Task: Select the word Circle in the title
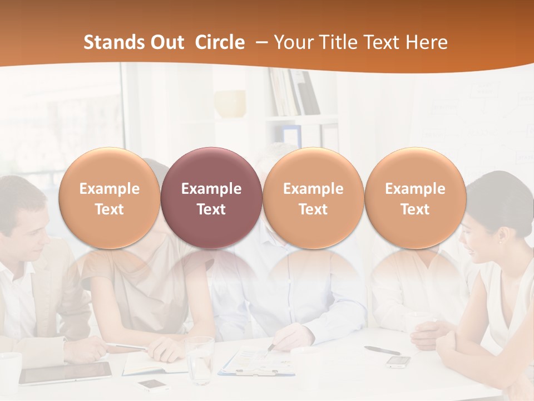(x=220, y=42)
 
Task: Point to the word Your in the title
(x=292, y=42)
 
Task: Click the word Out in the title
(x=167, y=42)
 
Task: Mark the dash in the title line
(x=260, y=43)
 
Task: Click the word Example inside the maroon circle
(x=211, y=189)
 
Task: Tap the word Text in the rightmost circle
(x=415, y=209)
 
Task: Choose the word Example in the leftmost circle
(x=109, y=189)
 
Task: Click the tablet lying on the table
(x=66, y=373)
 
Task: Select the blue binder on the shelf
(x=291, y=135)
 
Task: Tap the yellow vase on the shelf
(x=230, y=104)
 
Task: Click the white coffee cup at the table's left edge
(x=9, y=370)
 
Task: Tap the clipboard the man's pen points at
(x=256, y=362)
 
